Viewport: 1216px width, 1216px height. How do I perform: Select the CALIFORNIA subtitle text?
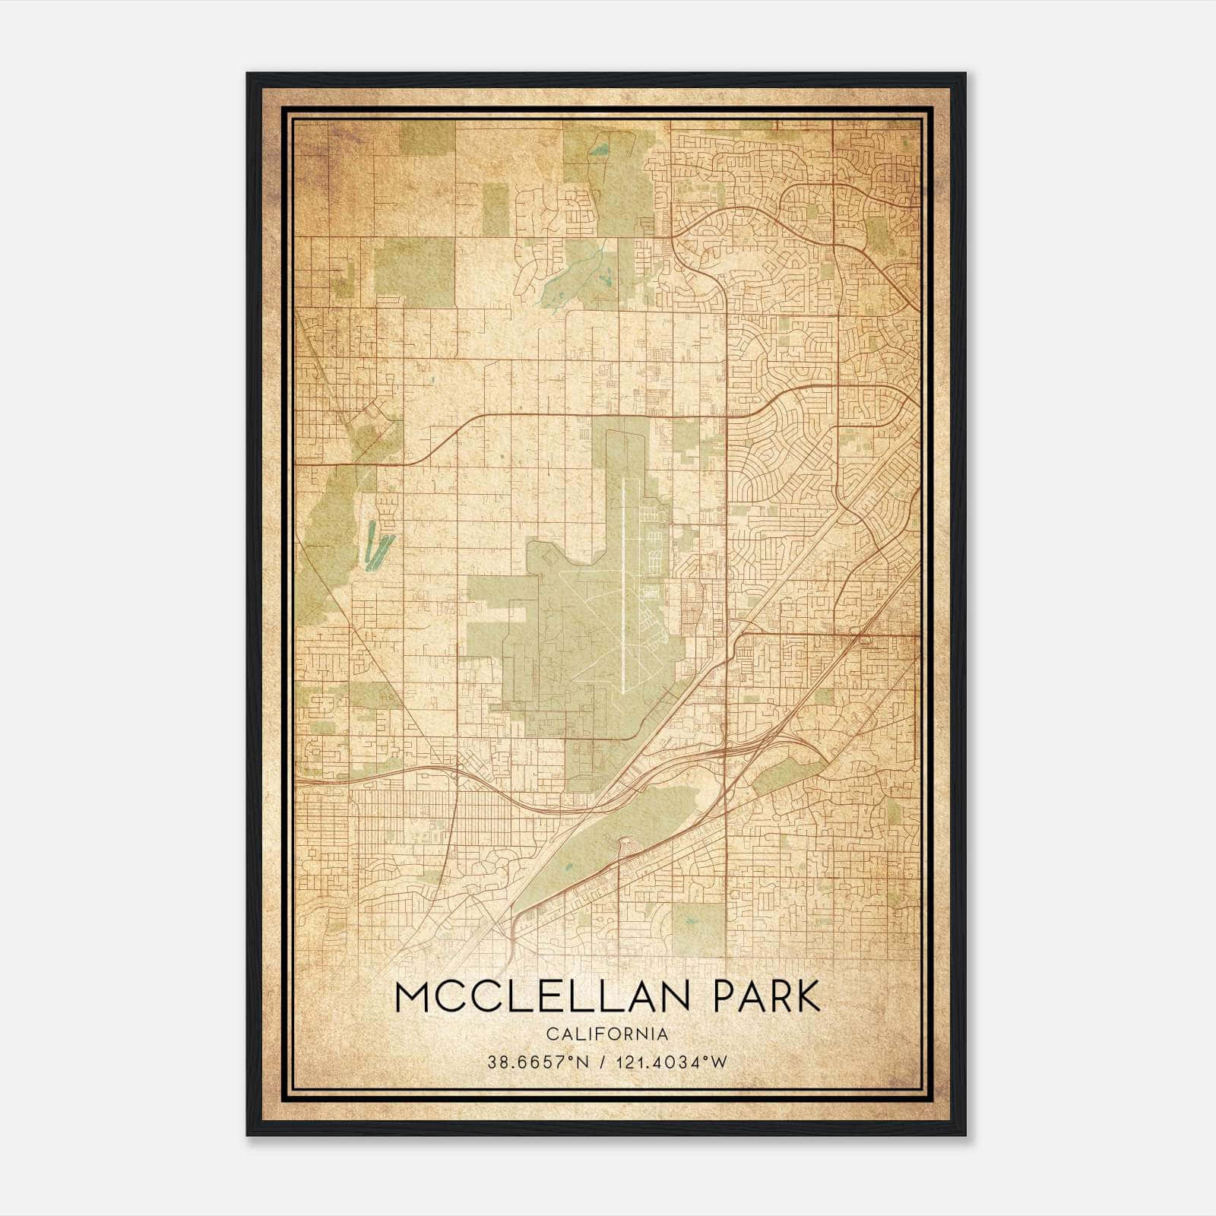607,1034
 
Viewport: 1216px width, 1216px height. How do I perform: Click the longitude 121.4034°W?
673,1062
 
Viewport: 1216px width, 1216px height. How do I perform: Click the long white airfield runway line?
622,585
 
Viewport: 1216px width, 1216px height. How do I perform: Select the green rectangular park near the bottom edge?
698,929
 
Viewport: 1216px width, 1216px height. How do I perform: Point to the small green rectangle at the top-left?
427,138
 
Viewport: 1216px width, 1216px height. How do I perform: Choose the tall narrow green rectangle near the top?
496,208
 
